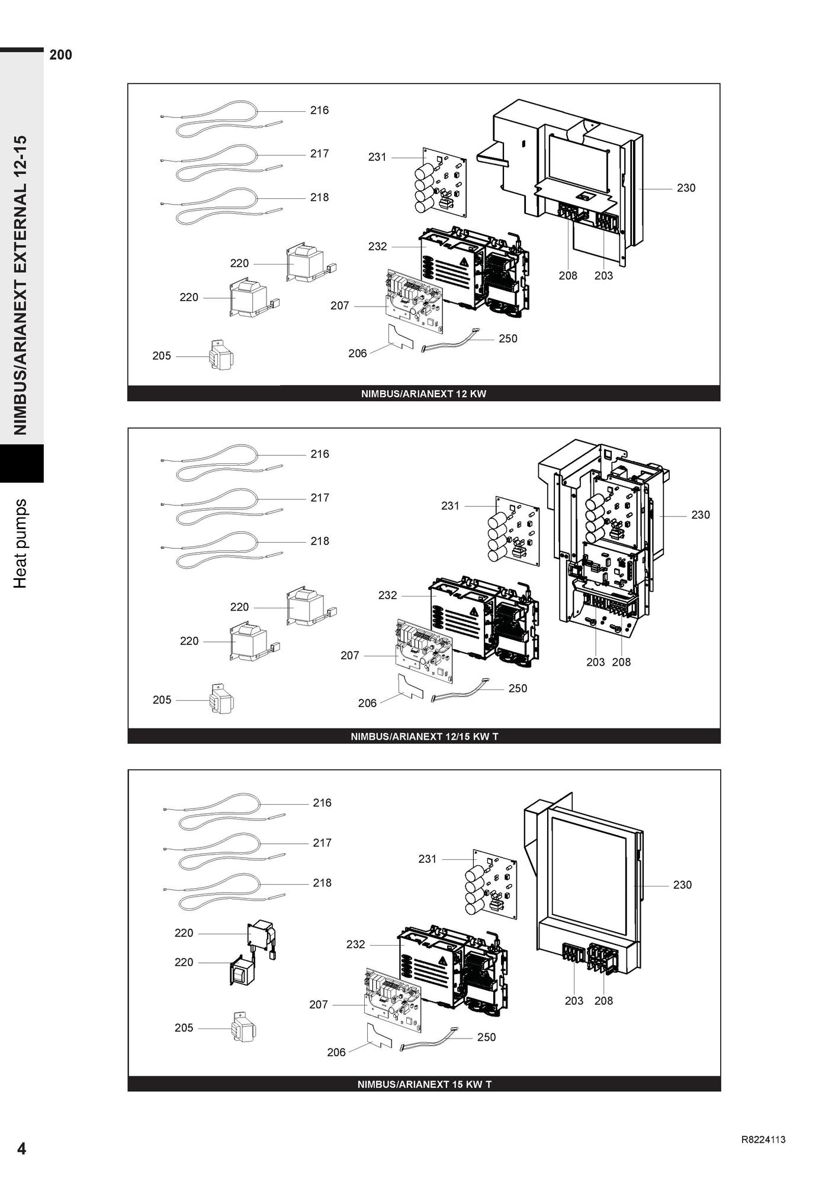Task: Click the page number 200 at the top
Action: click(x=61, y=55)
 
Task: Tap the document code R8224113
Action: click(x=763, y=1140)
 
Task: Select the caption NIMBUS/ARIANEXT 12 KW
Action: click(x=423, y=394)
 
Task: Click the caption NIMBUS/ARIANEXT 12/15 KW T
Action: click(x=424, y=737)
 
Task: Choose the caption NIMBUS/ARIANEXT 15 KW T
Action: click(x=424, y=1084)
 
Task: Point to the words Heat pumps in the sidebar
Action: click(x=21, y=543)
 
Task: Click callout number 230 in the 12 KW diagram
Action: click(x=686, y=188)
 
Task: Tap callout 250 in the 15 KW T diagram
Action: click(x=486, y=1037)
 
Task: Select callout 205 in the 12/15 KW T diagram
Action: click(x=162, y=699)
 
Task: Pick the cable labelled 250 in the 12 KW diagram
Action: click(x=448, y=343)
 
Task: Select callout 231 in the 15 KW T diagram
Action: click(x=427, y=859)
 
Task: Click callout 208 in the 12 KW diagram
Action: click(x=567, y=275)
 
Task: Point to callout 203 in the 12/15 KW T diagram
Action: click(x=595, y=662)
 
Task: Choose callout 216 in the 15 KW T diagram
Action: click(x=322, y=802)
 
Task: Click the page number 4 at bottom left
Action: click(x=21, y=1149)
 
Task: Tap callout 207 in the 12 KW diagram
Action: click(x=339, y=305)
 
